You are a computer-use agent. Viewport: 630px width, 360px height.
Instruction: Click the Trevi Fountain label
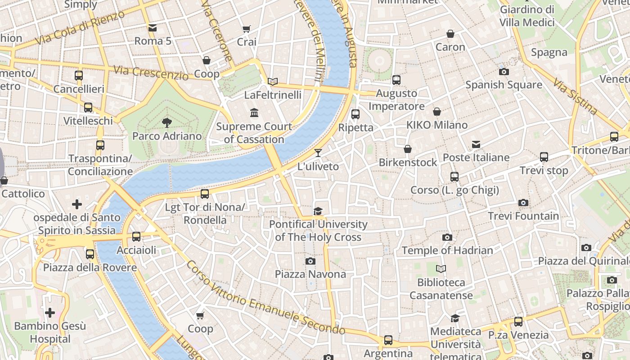click(523, 216)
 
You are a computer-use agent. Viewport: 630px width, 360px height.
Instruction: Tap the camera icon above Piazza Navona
click(310, 261)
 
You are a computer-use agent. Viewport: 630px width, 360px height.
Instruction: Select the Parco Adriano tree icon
click(167, 122)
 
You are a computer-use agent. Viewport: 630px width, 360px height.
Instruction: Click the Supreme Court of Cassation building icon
click(254, 112)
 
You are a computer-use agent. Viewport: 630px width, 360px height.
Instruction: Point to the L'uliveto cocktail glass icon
click(318, 153)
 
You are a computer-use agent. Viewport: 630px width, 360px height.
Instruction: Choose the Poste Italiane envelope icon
click(476, 144)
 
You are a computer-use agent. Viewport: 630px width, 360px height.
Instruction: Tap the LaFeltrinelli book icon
click(273, 82)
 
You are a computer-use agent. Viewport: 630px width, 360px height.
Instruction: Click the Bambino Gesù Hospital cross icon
click(50, 312)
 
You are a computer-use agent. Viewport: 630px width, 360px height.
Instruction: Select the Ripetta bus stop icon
click(355, 114)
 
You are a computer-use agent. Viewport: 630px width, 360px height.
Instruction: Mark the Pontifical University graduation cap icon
click(318, 211)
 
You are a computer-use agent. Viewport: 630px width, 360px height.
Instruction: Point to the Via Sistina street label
click(575, 96)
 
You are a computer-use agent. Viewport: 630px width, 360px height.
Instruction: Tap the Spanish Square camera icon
click(504, 72)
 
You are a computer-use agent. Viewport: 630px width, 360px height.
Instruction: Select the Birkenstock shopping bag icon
click(408, 149)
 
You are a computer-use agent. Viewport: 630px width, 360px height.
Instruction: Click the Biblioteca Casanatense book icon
click(441, 269)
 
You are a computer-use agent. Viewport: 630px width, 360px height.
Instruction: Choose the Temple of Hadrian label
click(447, 250)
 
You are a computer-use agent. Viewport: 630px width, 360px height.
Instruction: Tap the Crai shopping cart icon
click(247, 29)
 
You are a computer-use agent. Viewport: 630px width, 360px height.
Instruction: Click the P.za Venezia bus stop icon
click(518, 322)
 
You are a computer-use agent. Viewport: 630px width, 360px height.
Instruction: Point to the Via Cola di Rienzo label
click(80, 27)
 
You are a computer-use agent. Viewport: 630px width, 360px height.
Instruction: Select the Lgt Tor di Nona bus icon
click(205, 194)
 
